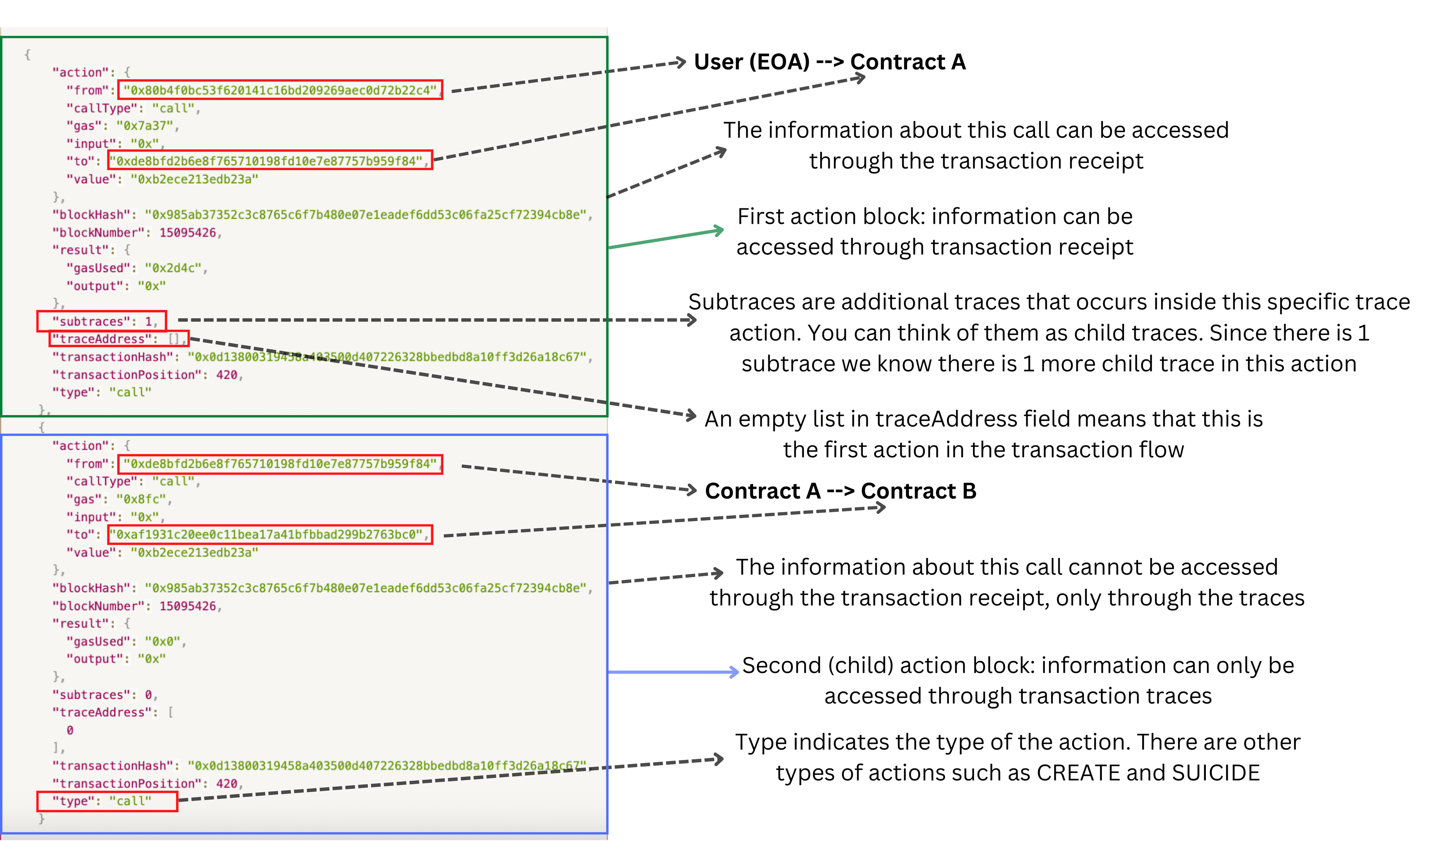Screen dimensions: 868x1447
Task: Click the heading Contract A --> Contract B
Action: tap(840, 491)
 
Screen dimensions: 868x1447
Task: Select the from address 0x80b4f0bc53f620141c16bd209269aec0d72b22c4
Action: tap(280, 90)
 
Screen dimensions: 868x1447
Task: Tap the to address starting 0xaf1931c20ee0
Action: tap(270, 535)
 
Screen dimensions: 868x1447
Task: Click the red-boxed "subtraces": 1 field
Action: tap(102, 321)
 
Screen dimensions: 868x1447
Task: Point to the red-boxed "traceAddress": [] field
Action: tap(119, 339)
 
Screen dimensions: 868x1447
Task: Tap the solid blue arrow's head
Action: tap(734, 672)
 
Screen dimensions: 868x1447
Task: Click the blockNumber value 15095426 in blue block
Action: tap(187, 606)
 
